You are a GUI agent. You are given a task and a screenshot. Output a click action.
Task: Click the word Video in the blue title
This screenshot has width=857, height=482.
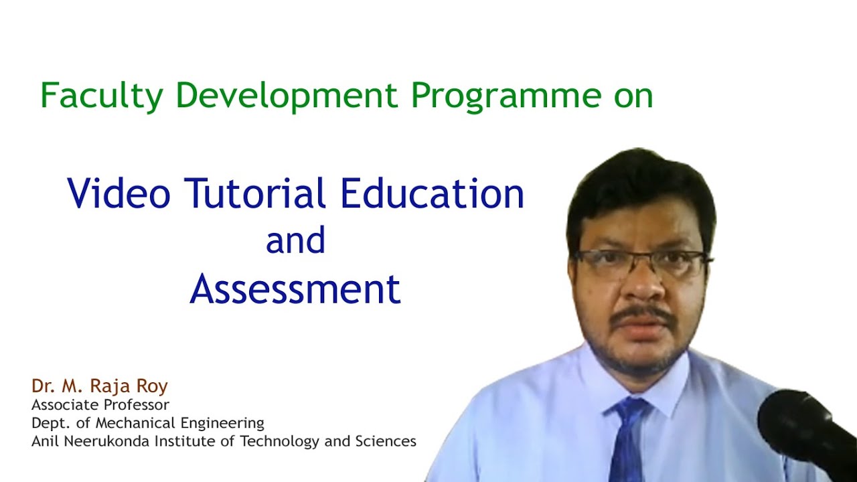(119, 194)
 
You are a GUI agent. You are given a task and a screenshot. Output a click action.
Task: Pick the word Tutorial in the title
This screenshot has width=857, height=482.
(255, 194)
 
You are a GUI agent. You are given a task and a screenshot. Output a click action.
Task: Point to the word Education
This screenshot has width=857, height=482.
(432, 194)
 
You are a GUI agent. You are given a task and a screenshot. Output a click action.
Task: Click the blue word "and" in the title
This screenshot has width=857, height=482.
(295, 241)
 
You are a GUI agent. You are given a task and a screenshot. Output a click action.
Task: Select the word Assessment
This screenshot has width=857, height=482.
(295, 290)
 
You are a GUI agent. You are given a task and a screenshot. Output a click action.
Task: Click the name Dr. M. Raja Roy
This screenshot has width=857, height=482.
(99, 386)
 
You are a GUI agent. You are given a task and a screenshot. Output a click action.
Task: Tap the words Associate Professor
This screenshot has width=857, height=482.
(100, 405)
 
